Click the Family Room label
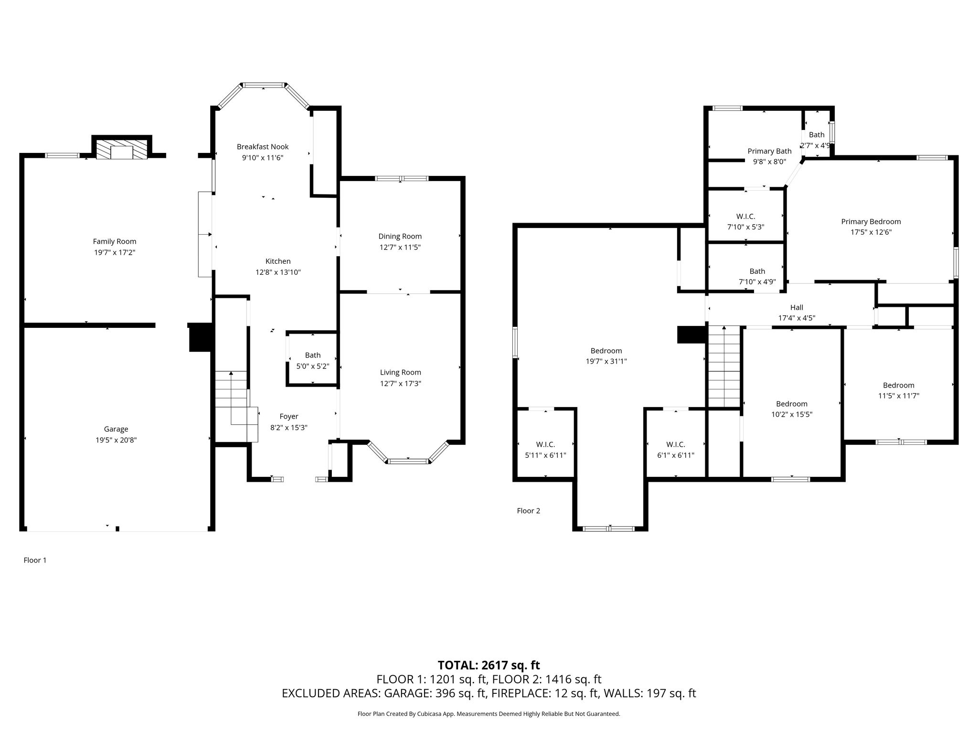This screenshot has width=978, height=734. pos(115,241)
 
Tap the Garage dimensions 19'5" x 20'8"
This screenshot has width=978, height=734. pos(116,440)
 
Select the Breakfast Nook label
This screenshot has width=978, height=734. pos(263,147)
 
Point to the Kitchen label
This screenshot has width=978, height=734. pos(278,261)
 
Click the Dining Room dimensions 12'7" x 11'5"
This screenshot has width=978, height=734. pos(400,247)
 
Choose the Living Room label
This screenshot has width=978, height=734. pos(401,372)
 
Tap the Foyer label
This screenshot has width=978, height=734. pos(289,417)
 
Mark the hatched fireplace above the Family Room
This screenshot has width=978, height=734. pos(122,150)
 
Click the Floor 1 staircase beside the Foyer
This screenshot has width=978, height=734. pos(234,406)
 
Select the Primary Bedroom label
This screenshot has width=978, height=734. pos(871,222)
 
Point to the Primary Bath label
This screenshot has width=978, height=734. pos(769,151)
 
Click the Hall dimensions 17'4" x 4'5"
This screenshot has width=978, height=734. pos(797,318)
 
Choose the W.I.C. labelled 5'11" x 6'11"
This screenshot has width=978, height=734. pos(545,444)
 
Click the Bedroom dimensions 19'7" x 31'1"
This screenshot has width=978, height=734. pos(606,362)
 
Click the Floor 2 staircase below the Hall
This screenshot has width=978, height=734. pos(724,367)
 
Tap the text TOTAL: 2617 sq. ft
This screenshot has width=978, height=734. pos(489,665)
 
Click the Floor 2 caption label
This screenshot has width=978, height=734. pos(529,511)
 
